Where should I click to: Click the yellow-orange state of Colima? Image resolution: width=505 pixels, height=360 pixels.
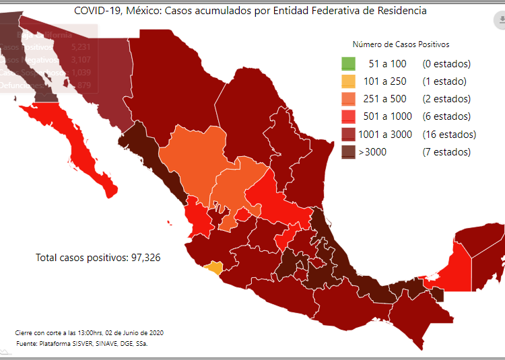(213, 268)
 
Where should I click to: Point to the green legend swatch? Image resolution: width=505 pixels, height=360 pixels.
(347, 65)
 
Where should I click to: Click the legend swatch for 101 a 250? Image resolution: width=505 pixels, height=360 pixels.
(347, 82)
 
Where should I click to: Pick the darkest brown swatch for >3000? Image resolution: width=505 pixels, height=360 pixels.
(347, 152)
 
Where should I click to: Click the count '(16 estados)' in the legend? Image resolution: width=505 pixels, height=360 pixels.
(449, 135)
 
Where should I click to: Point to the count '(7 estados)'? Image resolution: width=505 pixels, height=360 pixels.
(446, 152)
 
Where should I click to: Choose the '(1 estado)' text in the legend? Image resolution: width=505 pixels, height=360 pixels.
(444, 82)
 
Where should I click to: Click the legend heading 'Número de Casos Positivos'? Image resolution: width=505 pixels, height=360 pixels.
(401, 44)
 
